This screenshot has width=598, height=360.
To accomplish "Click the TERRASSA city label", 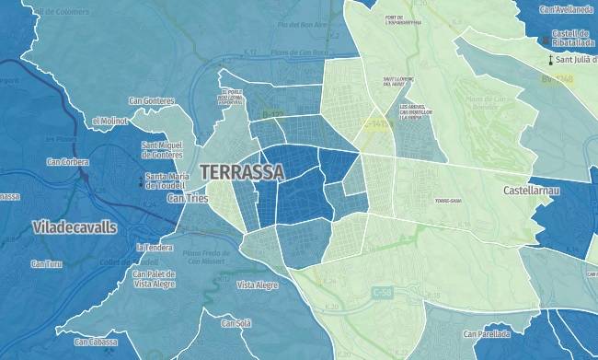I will coord(242,172).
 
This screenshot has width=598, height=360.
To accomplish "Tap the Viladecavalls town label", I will coord(75,226).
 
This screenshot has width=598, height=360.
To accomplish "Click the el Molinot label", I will coord(110,121).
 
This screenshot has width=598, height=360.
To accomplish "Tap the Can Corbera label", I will coord(68,162).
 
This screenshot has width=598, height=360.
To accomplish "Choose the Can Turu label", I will coord(46,264).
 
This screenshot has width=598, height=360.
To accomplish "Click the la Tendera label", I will coord(155,247).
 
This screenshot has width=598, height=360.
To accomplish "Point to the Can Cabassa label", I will coord(96,342).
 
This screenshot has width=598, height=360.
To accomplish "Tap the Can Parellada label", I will coord(487,334).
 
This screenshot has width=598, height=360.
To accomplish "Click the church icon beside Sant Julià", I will coord(550,61).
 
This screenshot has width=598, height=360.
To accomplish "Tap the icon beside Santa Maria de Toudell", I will coord(141,180).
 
